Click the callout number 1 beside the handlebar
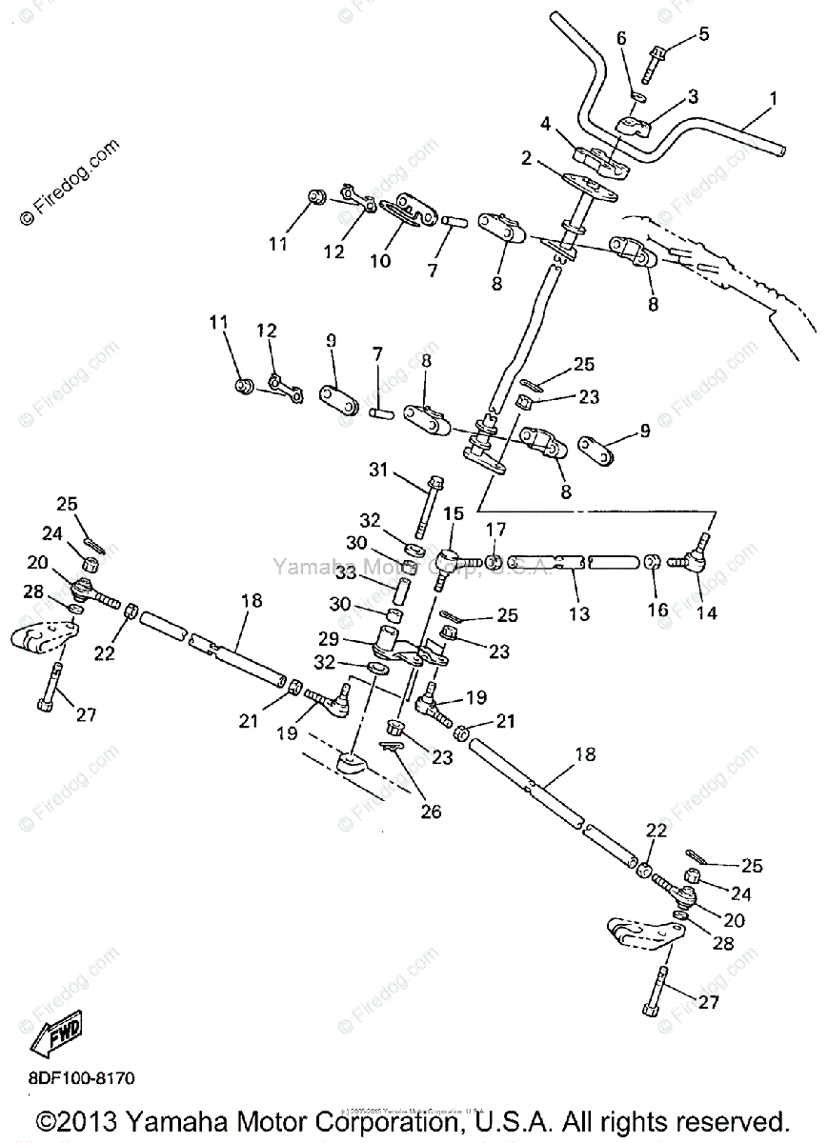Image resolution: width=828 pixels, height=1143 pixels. [x=773, y=98]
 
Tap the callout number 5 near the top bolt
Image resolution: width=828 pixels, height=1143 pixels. [x=703, y=35]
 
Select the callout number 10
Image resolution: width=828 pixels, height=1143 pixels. [x=380, y=259]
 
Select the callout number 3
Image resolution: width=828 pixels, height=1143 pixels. [x=693, y=96]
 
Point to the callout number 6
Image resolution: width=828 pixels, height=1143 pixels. [x=621, y=38]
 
